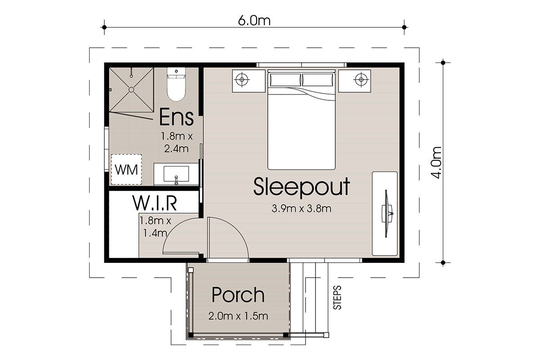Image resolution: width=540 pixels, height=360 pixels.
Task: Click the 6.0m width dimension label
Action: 254,21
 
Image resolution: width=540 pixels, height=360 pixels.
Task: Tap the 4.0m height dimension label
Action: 436,162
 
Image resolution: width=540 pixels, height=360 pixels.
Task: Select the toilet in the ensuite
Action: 176,84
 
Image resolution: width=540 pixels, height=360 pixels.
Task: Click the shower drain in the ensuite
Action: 131,90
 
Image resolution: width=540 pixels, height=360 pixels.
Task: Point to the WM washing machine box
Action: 126,170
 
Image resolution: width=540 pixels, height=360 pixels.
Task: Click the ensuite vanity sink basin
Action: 176,174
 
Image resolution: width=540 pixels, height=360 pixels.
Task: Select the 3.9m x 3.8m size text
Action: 301,208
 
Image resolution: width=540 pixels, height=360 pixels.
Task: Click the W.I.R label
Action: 154,203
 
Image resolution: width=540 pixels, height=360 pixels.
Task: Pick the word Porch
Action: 238,294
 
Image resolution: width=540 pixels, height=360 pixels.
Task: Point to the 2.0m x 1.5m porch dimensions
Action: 238,316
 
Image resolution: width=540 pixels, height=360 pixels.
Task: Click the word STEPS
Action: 337,297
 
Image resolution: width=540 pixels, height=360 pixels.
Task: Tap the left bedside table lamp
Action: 242,79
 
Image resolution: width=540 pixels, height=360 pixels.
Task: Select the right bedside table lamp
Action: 361,79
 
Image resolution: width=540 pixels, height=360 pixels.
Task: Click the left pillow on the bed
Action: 285,80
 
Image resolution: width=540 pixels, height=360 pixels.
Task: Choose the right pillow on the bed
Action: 318,80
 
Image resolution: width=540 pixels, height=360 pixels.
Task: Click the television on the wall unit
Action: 387,214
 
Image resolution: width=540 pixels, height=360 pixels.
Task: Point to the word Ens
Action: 176,117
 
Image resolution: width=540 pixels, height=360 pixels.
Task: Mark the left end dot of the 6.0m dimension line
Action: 104,27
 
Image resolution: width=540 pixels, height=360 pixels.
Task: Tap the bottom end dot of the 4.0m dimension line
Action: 443,262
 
